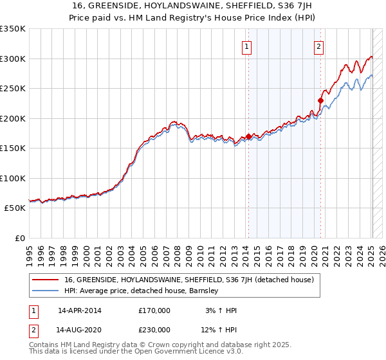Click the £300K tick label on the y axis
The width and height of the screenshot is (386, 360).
(x=13, y=59)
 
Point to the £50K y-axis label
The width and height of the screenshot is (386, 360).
(x=15, y=208)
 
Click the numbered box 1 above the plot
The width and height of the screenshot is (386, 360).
(x=247, y=46)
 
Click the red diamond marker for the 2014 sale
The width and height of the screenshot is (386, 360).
(x=248, y=136)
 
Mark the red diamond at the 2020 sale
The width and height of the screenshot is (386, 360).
(x=320, y=100)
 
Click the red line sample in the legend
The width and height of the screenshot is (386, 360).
(x=45, y=280)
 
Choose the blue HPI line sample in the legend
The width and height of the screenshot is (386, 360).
(x=45, y=291)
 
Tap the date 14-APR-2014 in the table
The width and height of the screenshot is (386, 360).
(x=79, y=310)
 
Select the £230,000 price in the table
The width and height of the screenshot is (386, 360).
(x=154, y=330)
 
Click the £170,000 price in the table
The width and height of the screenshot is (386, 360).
(x=154, y=310)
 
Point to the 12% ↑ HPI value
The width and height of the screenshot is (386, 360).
(x=219, y=330)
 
